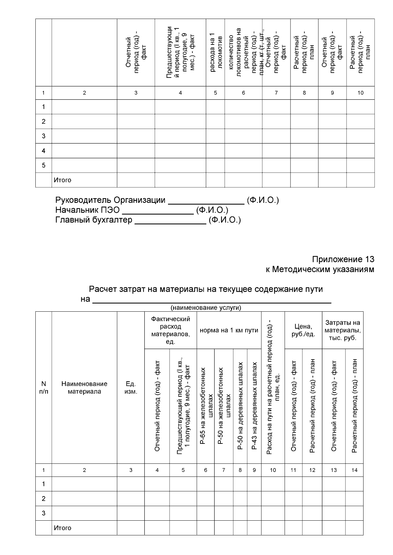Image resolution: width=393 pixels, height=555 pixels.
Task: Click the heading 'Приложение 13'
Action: (x=343, y=259)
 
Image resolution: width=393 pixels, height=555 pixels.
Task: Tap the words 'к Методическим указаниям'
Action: (x=320, y=269)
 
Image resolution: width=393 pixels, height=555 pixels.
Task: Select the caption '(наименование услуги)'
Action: (x=206, y=308)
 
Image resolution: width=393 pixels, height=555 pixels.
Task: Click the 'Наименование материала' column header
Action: (x=84, y=388)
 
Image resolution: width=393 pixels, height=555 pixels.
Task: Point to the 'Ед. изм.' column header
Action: (x=131, y=388)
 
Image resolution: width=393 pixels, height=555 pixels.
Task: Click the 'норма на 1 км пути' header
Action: (x=229, y=330)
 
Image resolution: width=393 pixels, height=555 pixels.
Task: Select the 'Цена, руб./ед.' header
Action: (x=303, y=330)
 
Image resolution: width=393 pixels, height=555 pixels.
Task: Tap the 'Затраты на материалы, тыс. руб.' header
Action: (x=343, y=330)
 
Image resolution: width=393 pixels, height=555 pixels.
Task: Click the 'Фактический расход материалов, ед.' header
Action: (x=170, y=330)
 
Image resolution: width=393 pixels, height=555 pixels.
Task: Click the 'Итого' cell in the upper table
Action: (x=63, y=180)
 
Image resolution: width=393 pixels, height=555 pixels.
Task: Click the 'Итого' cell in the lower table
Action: (x=63, y=528)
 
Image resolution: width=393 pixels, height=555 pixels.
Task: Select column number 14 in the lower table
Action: (x=354, y=470)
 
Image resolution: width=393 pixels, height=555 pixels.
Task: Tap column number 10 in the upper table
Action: (x=360, y=93)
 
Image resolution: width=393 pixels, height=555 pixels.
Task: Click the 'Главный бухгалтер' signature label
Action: (x=94, y=220)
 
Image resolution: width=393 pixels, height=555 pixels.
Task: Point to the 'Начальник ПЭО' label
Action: (x=87, y=210)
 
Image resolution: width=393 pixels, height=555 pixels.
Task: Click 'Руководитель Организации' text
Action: (x=110, y=200)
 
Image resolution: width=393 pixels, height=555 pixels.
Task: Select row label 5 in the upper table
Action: (x=44, y=165)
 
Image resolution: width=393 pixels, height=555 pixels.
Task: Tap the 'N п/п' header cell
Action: (x=44, y=388)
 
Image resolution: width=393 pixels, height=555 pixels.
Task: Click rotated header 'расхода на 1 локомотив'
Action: (x=215, y=52)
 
